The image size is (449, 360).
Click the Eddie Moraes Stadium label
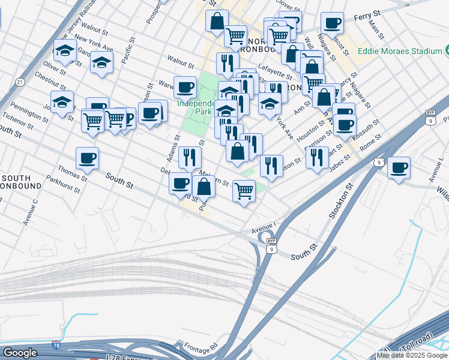(x=400, y=51)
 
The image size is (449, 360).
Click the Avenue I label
(x=263, y=227)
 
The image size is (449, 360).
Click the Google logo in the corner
(x=19, y=352)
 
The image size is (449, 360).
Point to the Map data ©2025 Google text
(x=412, y=355)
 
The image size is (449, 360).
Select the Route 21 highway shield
(x=20, y=82)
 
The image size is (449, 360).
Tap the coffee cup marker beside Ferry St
(x=331, y=23)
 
